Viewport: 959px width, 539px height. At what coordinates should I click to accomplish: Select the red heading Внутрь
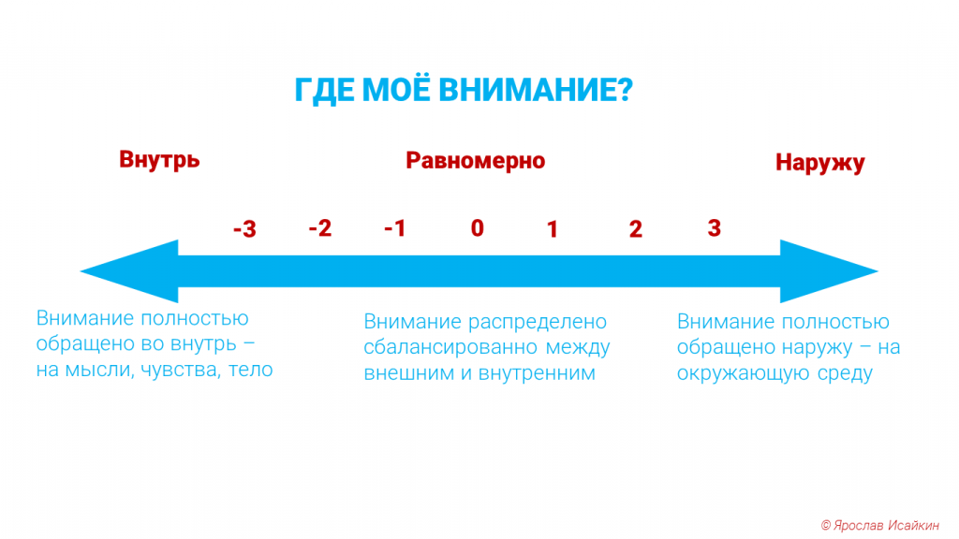tap(159, 159)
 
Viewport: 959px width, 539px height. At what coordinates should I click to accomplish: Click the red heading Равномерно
tap(475, 161)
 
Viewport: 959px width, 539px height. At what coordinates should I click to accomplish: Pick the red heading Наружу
tap(819, 163)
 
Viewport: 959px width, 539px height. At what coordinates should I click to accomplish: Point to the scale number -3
tap(244, 229)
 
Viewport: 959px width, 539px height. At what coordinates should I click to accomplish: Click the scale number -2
tap(320, 228)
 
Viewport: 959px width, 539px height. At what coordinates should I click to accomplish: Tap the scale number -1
tap(394, 228)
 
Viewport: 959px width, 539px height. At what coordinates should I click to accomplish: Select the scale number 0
tap(477, 228)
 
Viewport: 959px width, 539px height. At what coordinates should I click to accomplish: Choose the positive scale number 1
tap(552, 229)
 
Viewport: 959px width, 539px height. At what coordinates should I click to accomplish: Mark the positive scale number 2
tap(636, 229)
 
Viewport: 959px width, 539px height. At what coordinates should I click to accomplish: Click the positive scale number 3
tap(714, 228)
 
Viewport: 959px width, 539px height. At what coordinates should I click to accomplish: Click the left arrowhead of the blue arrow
tap(129, 271)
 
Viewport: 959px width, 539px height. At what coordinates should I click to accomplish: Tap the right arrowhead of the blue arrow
tap(830, 271)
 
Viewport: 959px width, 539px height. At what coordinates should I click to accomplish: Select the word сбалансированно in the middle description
tap(451, 347)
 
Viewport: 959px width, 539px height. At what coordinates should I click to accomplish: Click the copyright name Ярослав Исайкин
tap(886, 525)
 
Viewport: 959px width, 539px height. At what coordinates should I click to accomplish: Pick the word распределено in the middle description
tap(538, 322)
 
